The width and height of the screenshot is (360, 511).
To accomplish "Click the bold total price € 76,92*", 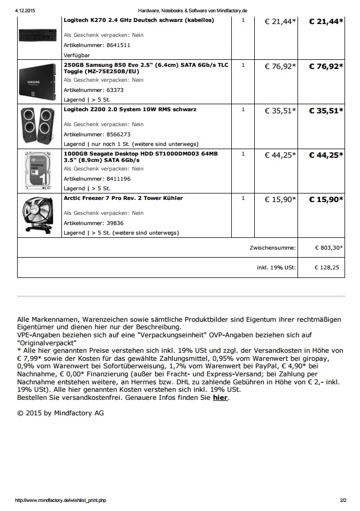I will (326, 66).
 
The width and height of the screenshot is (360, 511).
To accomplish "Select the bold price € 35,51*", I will (326, 111).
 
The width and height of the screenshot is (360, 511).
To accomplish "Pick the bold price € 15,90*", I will (326, 199).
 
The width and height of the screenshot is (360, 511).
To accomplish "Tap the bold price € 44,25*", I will (326, 155).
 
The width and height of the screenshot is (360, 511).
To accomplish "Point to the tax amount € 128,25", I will (327, 267).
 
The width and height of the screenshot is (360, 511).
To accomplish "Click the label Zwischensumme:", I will (272, 248).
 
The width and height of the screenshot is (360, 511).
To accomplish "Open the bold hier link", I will (220, 398).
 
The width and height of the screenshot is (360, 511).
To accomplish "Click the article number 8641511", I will (97, 45).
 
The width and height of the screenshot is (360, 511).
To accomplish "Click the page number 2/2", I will (343, 500).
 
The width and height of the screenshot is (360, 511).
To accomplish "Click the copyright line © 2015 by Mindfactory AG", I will (60, 413).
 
